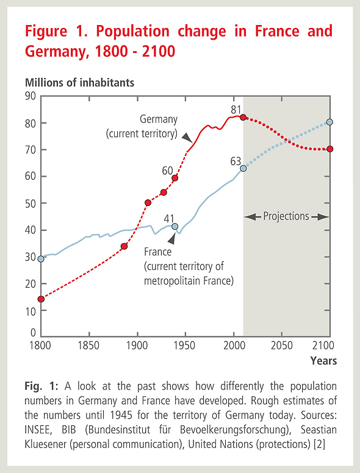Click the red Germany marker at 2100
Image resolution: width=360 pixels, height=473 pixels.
(x=330, y=149)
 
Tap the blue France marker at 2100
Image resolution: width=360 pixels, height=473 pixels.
(x=330, y=122)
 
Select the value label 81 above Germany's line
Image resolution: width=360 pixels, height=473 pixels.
(x=236, y=110)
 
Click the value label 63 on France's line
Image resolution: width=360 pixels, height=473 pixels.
(x=236, y=162)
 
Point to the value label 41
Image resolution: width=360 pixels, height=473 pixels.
(x=169, y=218)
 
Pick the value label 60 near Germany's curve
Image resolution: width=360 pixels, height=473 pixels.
(x=167, y=171)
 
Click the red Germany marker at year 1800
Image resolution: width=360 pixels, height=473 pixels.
(x=41, y=299)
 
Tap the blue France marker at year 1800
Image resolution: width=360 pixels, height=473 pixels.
(x=41, y=259)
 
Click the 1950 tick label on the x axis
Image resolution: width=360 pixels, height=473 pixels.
(x=184, y=346)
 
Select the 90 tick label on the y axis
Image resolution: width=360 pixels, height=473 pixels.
(x=30, y=96)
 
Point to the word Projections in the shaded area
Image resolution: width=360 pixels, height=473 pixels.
(x=286, y=216)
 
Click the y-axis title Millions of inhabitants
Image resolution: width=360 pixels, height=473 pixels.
(x=79, y=83)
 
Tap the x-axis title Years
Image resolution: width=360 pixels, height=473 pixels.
(x=324, y=361)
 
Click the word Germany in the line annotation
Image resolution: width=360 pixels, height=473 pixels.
(x=159, y=119)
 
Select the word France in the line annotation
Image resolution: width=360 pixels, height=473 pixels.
(x=157, y=252)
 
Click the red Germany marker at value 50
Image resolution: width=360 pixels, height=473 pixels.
(x=148, y=203)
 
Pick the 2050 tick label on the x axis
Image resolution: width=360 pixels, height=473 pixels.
(x=281, y=346)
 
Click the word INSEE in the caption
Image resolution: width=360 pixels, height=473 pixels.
(x=38, y=430)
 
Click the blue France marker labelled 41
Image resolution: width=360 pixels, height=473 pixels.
(x=175, y=227)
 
